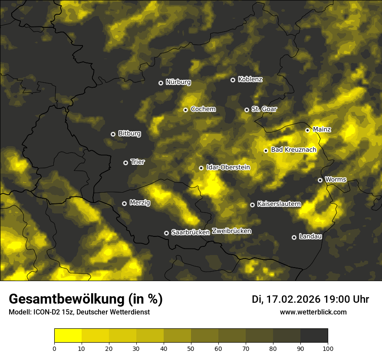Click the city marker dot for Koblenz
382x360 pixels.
(x=233, y=80)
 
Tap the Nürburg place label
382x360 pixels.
(x=178, y=82)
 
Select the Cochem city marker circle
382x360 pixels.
(x=185, y=110)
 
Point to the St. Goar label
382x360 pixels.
(x=264, y=109)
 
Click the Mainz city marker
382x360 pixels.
(x=307, y=130)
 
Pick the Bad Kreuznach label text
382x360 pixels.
(x=293, y=150)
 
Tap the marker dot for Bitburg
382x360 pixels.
(x=113, y=134)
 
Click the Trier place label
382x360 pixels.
(x=138, y=162)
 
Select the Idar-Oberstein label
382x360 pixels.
(x=228, y=167)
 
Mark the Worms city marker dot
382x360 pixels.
(x=320, y=180)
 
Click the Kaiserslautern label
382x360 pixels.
(x=279, y=204)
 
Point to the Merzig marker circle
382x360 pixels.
(x=124, y=203)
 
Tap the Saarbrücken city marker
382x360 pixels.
(x=166, y=233)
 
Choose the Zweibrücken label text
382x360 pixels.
(x=231, y=231)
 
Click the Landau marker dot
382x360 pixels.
(x=294, y=237)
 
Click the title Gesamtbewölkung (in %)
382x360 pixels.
(x=86, y=299)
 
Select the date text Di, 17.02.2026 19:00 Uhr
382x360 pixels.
(x=310, y=299)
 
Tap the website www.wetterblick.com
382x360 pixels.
(x=313, y=312)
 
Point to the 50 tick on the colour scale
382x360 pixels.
(x=191, y=348)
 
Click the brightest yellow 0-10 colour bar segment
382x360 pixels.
(x=68, y=336)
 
